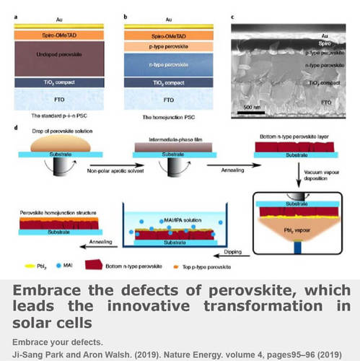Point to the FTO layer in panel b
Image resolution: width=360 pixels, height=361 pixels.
coord(166,100)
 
